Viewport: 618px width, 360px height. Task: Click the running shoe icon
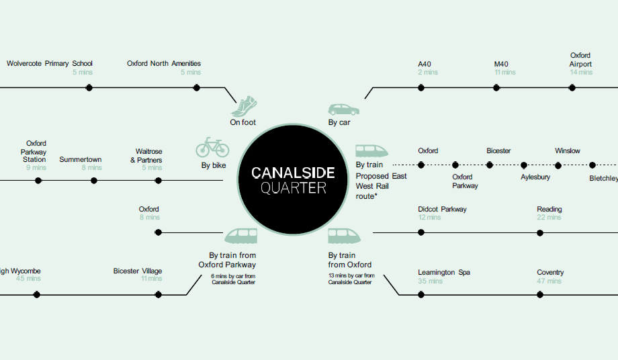click(x=245, y=105)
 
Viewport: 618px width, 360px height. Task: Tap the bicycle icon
click(x=212, y=147)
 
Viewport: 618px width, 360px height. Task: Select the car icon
click(x=343, y=109)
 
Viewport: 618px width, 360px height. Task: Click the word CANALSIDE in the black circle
click(x=292, y=173)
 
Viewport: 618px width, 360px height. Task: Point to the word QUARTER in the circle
click(x=293, y=189)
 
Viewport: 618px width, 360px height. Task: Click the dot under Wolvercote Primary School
click(x=89, y=87)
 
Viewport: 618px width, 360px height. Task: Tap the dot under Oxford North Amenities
click(x=197, y=87)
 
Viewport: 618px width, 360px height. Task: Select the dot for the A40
click(x=421, y=87)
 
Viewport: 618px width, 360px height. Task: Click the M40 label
click(x=502, y=64)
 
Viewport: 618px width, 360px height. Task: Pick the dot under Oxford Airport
click(x=572, y=87)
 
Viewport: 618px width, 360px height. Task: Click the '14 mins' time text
click(x=581, y=73)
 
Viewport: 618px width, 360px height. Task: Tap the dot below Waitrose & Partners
click(x=159, y=180)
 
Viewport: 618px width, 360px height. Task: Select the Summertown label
click(x=80, y=160)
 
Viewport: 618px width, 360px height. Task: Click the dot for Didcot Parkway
click(x=421, y=232)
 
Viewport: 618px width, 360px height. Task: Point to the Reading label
click(x=549, y=210)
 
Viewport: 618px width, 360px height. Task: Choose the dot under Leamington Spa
click(x=421, y=295)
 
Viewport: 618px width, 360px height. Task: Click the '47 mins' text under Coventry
click(x=549, y=281)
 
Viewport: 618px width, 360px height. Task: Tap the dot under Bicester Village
click(x=159, y=294)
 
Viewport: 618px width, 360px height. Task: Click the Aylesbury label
click(x=535, y=177)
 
